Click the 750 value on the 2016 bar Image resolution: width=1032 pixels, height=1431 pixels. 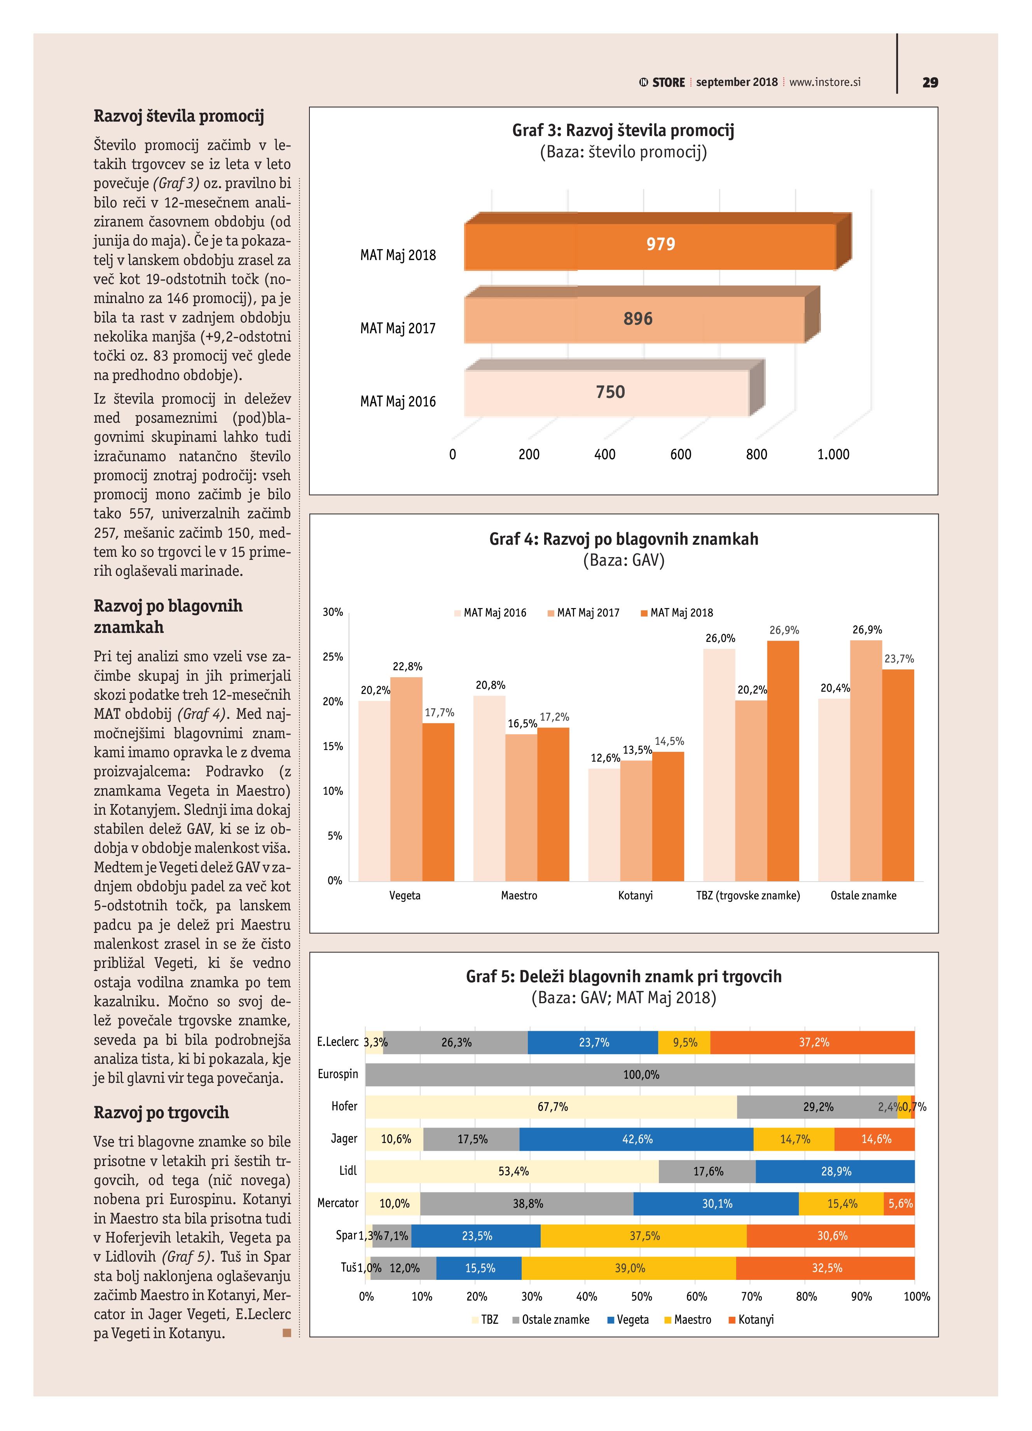click(x=610, y=392)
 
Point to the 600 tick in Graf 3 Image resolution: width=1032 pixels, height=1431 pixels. click(x=681, y=454)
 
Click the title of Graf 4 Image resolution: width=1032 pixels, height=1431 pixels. click(x=623, y=539)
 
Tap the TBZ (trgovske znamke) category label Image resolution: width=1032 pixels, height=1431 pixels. click(x=748, y=895)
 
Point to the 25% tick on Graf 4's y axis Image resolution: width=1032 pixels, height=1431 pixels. click(x=333, y=657)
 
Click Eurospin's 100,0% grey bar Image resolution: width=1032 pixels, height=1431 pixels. click(x=640, y=1074)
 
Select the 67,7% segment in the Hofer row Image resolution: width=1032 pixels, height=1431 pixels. click(x=551, y=1107)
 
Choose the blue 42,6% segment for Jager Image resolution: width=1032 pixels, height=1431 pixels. click(x=636, y=1139)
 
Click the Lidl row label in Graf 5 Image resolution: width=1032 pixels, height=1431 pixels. click(x=348, y=1171)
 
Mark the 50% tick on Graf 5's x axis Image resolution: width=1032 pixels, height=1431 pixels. click(x=641, y=1297)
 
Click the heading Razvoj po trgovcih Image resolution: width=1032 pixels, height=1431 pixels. click(x=161, y=1112)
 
